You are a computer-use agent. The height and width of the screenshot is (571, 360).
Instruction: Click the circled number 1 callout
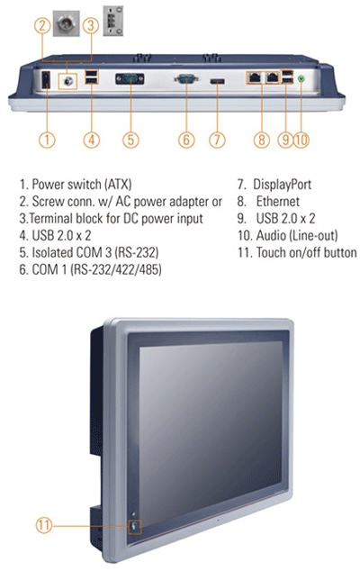pos(47,140)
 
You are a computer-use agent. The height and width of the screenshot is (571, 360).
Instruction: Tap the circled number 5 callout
pos(130,140)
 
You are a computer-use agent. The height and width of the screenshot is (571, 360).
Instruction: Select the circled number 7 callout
pos(217,140)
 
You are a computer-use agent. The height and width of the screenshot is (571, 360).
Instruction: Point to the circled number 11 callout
pos(44,525)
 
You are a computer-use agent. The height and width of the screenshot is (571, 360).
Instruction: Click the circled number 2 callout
pos(42,26)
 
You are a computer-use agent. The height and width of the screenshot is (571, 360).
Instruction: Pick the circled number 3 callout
pos(91,26)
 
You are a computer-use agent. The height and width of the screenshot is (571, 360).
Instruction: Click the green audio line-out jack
pos(301,78)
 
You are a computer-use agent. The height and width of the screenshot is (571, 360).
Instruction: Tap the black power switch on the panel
pos(46,80)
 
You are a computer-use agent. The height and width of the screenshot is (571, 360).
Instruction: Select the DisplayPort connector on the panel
pos(217,81)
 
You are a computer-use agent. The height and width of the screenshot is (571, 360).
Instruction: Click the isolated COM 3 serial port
pos(130,79)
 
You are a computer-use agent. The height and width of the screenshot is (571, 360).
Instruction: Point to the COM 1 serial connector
pos(186,78)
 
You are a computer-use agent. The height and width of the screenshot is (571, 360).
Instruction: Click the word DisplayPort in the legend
pos(282,185)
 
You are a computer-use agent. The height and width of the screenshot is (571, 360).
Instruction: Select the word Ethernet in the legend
pos(278,201)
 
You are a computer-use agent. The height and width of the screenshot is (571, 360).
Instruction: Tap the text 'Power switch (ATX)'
pos(82,185)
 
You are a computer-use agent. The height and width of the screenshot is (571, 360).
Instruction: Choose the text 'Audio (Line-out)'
pos(297,236)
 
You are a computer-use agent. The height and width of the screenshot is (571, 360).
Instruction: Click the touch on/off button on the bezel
pos(134,526)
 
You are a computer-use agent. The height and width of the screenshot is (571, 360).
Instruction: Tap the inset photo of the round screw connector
pos(67,23)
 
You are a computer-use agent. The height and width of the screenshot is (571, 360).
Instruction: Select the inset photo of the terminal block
pos(112,21)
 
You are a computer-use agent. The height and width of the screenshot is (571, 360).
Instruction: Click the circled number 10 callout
pos(301,140)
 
